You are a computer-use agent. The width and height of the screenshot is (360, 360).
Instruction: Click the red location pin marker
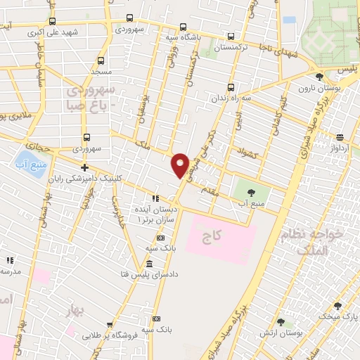(181, 165)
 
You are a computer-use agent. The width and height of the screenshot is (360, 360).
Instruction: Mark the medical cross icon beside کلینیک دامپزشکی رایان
(84, 168)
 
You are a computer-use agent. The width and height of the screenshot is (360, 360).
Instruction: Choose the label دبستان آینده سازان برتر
(154, 215)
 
